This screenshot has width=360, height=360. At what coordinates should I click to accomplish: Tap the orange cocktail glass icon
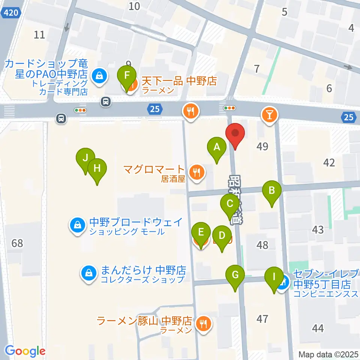pyautogui.click(x=270, y=113)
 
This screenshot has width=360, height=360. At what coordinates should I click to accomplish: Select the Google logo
pyautogui.click(x=25, y=351)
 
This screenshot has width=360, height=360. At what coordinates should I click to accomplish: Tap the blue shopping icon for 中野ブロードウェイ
pyautogui.click(x=77, y=225)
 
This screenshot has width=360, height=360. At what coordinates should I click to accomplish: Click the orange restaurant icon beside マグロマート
pyautogui.click(x=196, y=173)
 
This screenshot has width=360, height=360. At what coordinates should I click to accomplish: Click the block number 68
pyautogui.click(x=17, y=243)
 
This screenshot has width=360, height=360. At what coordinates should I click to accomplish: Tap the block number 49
pyautogui.click(x=262, y=146)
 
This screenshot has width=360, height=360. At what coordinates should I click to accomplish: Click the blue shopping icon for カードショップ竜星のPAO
pyautogui.click(x=99, y=76)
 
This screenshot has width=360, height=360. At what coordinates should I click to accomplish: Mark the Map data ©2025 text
pyautogui.click(x=329, y=354)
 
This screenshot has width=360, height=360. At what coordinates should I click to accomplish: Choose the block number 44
pyautogui.click(x=318, y=329)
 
